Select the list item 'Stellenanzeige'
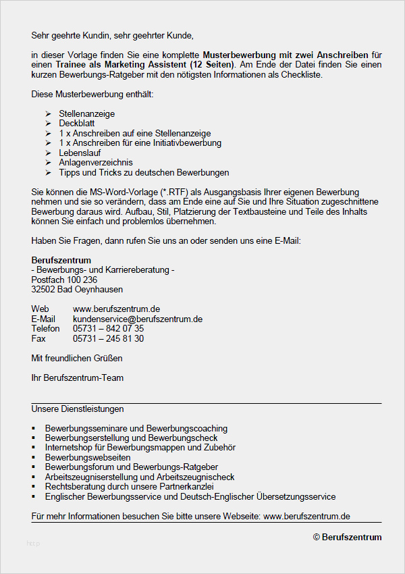[86, 114]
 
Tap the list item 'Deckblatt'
[77, 124]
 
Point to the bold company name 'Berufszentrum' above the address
[61, 261]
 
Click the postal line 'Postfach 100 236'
[64, 280]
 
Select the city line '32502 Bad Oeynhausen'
[77, 289]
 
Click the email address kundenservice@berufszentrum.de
[138, 319]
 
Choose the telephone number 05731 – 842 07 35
[108, 329]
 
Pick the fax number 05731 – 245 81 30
[108, 338]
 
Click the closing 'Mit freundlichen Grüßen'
[77, 358]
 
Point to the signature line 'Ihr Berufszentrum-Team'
[78, 378]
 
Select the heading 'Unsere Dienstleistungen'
[78, 409]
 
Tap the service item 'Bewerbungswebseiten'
[88, 458]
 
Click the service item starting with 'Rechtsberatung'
[129, 487]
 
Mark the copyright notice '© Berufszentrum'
[347, 538]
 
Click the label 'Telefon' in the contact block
[45, 329]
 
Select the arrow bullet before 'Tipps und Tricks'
[48, 173]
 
